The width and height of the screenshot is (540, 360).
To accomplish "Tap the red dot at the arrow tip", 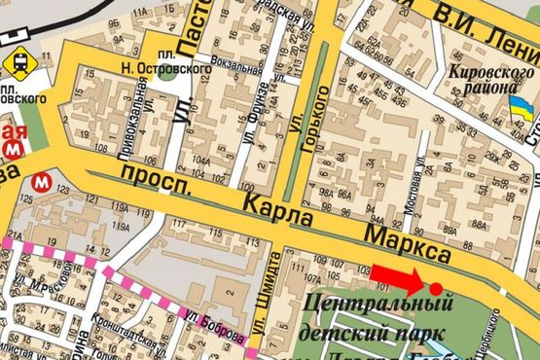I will tap(435, 288).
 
